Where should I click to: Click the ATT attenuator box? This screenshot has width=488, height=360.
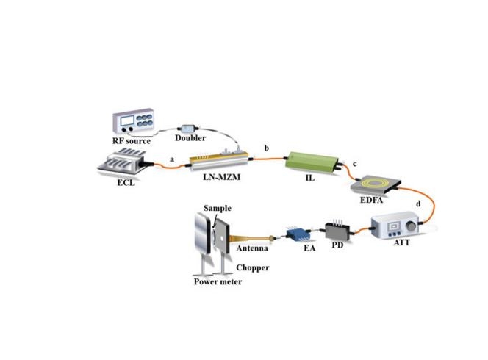coord(397,227)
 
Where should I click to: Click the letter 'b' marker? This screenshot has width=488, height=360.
coord(266,150)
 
